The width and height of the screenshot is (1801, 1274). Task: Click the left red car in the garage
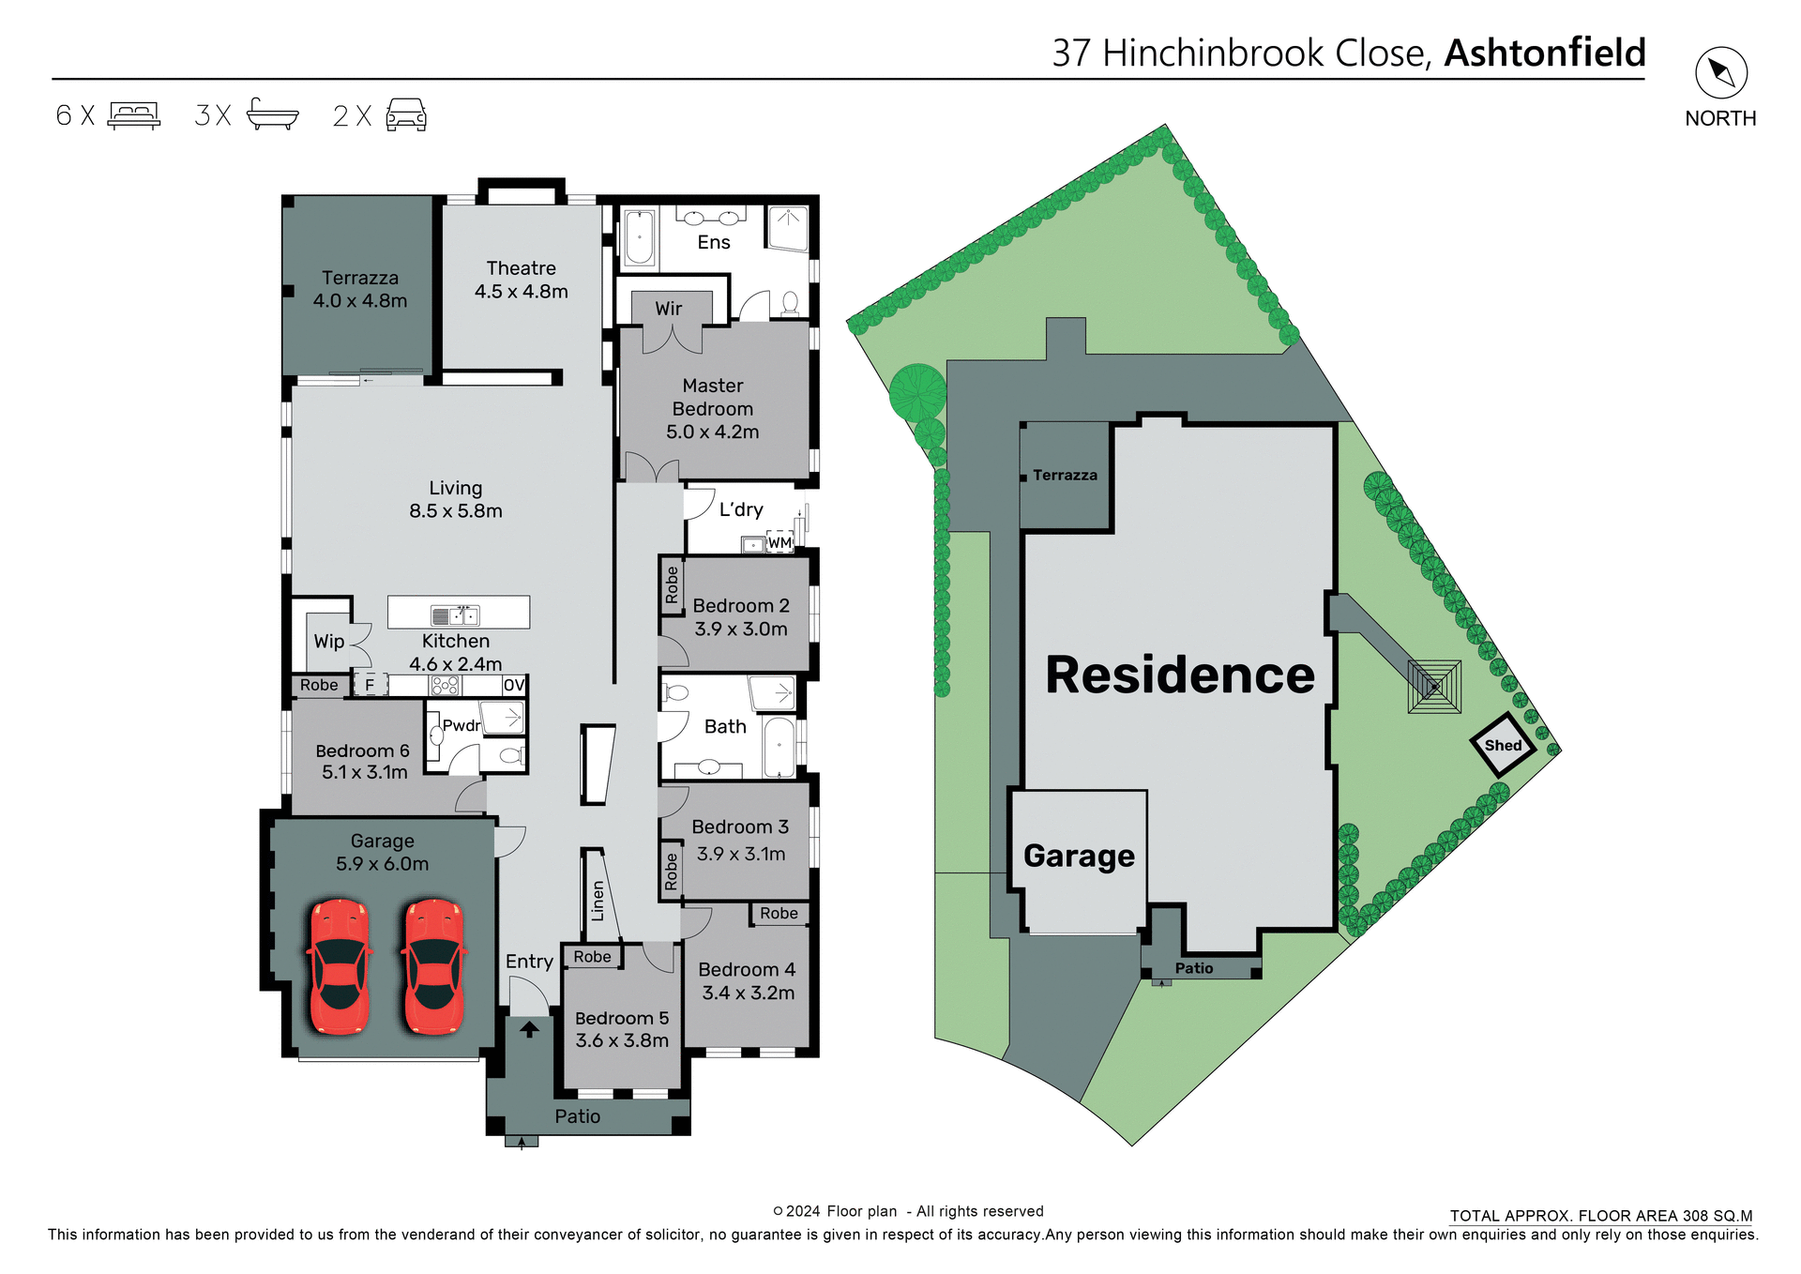click(339, 966)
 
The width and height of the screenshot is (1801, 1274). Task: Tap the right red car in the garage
click(434, 966)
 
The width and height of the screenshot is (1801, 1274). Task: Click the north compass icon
click(1720, 73)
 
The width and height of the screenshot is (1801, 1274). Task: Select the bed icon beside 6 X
click(134, 115)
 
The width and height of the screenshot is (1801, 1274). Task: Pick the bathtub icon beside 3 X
click(272, 114)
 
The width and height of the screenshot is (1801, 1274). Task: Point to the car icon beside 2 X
click(406, 115)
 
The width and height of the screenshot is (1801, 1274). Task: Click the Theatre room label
click(521, 268)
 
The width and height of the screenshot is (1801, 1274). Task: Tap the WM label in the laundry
click(779, 542)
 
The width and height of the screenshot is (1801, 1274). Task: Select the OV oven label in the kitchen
click(513, 685)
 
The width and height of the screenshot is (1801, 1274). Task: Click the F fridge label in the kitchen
click(370, 685)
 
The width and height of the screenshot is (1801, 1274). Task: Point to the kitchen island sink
click(455, 615)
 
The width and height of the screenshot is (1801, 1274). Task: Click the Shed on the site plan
click(1503, 745)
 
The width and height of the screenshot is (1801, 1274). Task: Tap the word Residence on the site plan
click(1180, 675)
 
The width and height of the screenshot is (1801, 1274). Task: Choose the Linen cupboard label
click(598, 901)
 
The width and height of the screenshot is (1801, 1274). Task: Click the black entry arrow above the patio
click(529, 1028)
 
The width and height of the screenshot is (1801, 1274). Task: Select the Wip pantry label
click(329, 642)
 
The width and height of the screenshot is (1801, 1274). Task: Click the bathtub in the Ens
click(639, 237)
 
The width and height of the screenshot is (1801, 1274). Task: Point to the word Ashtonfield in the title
click(1545, 53)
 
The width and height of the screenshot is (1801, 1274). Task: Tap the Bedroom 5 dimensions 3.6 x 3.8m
click(622, 1040)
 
